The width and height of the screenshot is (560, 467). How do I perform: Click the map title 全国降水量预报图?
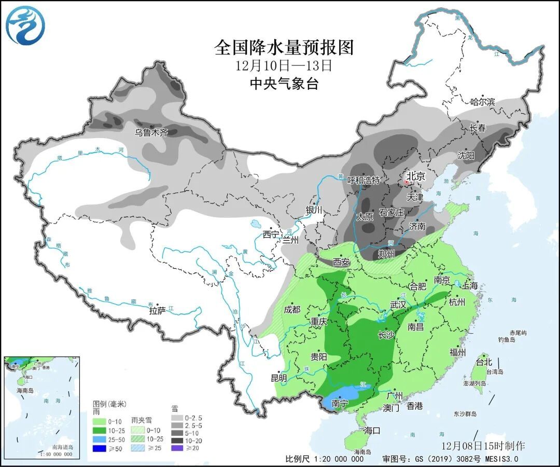[284, 48]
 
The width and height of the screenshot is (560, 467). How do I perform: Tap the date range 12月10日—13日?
[283, 66]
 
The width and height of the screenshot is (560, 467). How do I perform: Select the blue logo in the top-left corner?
[25, 25]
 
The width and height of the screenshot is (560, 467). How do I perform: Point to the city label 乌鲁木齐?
[152, 133]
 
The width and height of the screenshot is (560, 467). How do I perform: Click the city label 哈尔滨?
[482, 102]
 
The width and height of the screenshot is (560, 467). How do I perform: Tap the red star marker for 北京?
[407, 182]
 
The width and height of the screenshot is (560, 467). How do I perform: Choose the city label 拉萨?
[158, 311]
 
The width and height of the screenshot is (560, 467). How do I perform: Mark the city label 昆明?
[278, 378]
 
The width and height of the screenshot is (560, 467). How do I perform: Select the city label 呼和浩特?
[363, 181]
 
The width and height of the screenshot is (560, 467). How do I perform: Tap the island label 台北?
[483, 362]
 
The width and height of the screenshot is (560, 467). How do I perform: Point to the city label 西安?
[341, 263]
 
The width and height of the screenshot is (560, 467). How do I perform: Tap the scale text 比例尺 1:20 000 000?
[324, 459]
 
